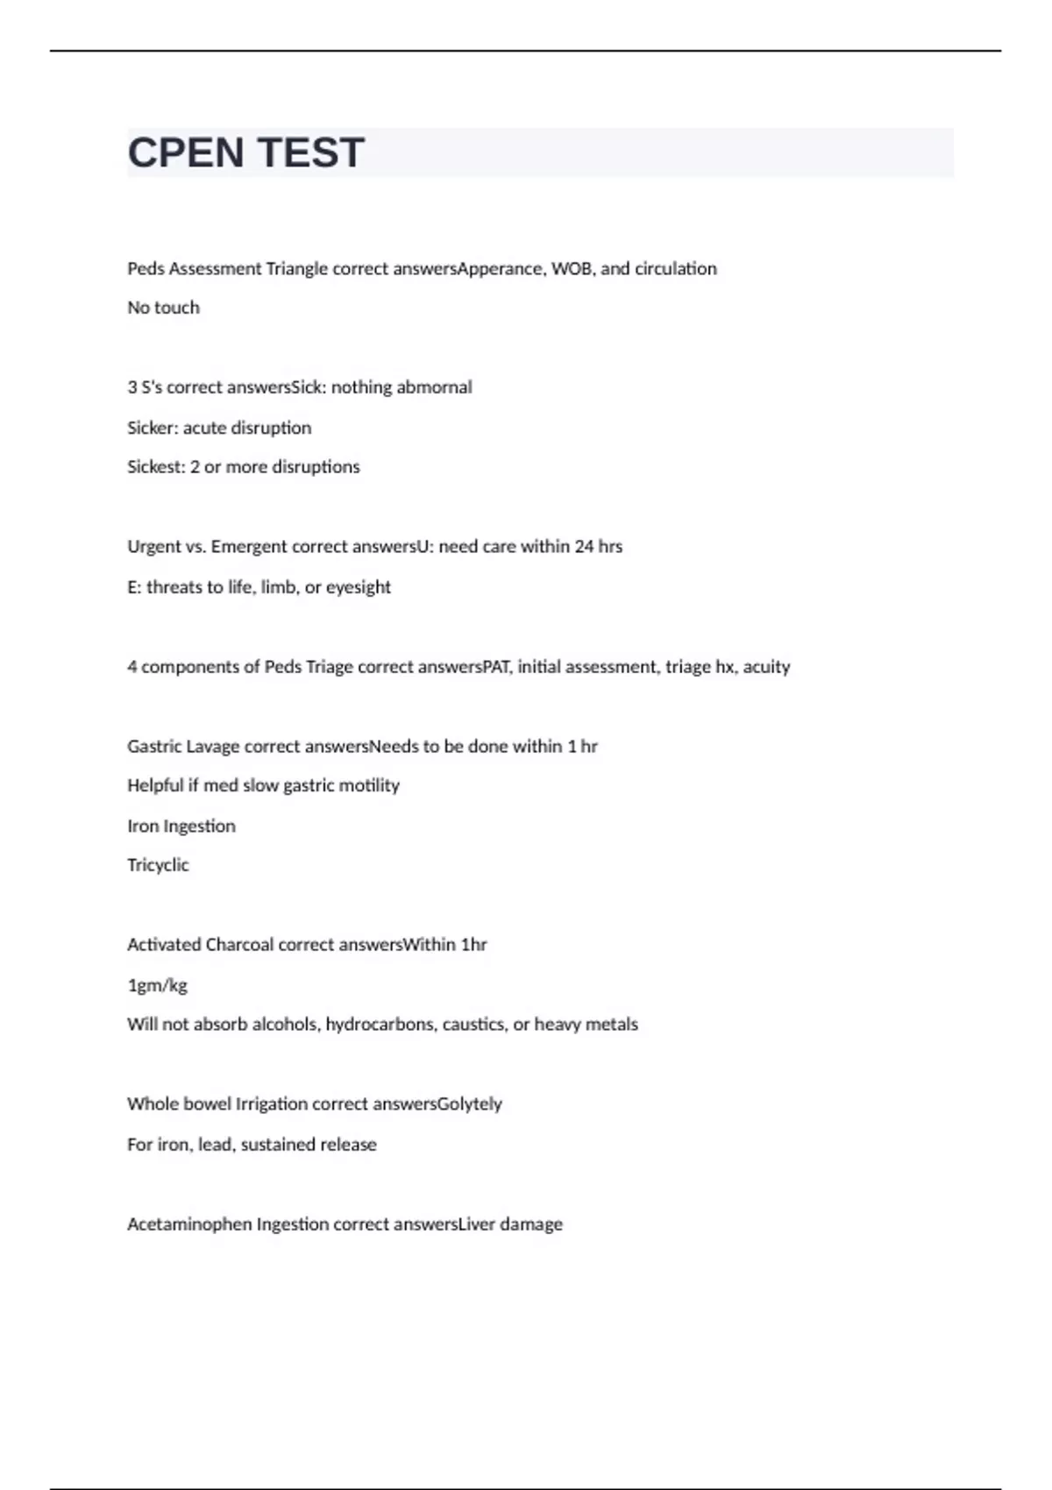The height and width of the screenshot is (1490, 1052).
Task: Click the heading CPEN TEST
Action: pos(245,153)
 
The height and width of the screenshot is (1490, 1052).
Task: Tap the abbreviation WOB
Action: pos(571,269)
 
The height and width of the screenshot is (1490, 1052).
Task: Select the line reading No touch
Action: pos(163,308)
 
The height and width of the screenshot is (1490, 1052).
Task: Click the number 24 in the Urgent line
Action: pos(584,547)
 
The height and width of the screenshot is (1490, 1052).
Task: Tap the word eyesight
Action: pos(358,587)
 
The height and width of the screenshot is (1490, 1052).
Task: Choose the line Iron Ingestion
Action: pos(181,826)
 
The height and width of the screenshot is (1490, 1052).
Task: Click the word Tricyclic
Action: pos(158,865)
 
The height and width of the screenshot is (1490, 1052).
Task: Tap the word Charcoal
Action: pos(238,945)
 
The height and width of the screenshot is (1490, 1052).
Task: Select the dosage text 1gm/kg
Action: pos(158,985)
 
